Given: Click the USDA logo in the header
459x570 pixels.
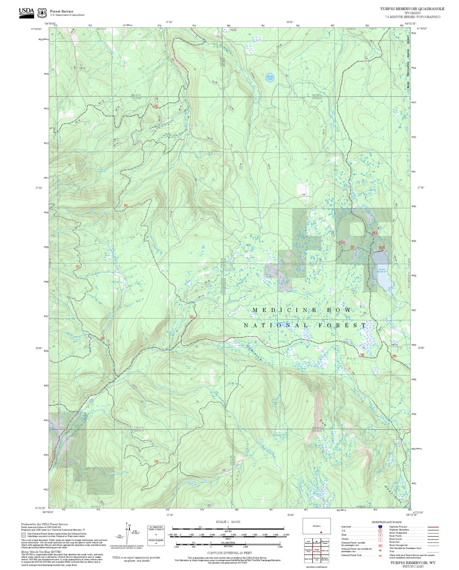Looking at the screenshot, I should click(26, 12).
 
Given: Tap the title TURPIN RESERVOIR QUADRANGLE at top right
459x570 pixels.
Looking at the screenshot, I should click(412, 9).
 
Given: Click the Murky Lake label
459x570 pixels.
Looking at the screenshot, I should click(270, 77).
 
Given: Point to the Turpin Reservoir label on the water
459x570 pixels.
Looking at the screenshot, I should click(381, 270).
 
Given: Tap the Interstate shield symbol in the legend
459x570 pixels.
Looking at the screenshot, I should click(380, 526).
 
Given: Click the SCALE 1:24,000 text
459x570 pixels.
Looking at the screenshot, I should click(228, 522).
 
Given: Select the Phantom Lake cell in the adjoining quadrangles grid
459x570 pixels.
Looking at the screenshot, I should click(316, 559).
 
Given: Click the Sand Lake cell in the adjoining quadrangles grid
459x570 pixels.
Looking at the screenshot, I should click(325, 550).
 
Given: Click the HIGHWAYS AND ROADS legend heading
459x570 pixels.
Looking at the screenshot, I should click(387, 522).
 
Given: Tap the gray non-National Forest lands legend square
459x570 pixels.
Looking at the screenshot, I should click(24, 535).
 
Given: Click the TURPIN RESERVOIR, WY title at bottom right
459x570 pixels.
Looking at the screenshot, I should click(413, 563).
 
